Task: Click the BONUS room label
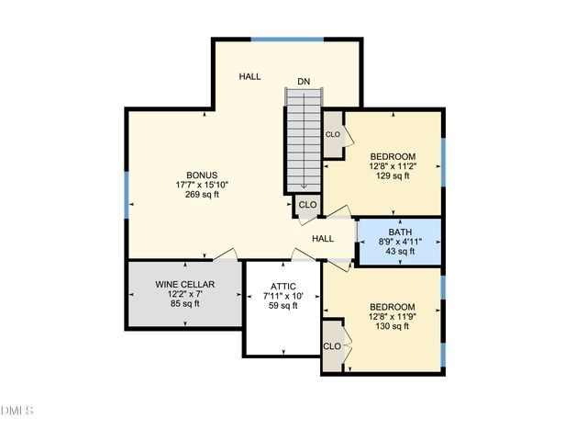[x=201, y=175]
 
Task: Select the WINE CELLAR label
[x=184, y=284]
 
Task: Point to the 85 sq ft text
[x=184, y=304]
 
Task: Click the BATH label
[x=400, y=232]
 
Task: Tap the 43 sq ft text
[x=400, y=251]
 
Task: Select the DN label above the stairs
[x=304, y=82]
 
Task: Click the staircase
[x=304, y=138]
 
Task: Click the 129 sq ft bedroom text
[x=393, y=176]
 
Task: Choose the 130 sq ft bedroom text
[x=393, y=327]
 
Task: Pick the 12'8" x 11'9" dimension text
[x=393, y=317]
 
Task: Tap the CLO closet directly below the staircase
[x=307, y=205]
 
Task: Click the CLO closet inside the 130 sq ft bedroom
[x=332, y=346]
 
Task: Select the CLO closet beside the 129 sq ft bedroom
[x=332, y=135]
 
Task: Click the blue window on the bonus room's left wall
[x=127, y=194]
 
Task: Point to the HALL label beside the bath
[x=323, y=239]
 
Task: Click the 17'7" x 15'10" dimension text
[x=201, y=185]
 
